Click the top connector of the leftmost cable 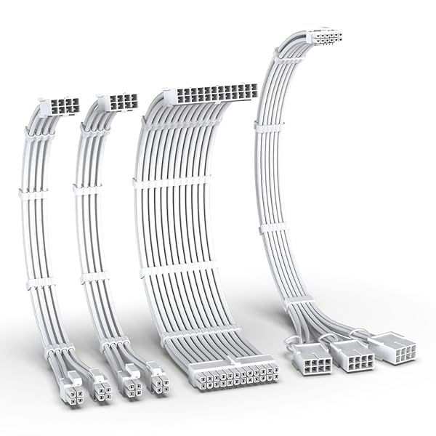61,106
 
